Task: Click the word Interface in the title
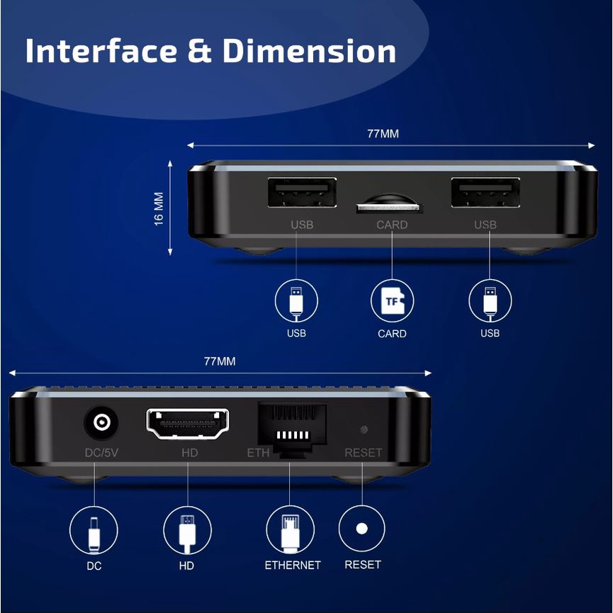(101, 51)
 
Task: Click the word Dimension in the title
(309, 51)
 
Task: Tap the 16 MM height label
(158, 209)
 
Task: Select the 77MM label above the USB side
(383, 134)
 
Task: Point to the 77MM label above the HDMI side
(220, 361)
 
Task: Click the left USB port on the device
(302, 192)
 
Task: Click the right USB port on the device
(485, 192)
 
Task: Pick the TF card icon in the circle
(392, 301)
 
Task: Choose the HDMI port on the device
(188, 423)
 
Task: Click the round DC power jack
(101, 422)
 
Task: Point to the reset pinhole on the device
(364, 429)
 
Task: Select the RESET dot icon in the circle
(361, 529)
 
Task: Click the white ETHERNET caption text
(293, 565)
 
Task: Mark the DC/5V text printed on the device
(101, 453)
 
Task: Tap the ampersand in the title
(200, 51)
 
